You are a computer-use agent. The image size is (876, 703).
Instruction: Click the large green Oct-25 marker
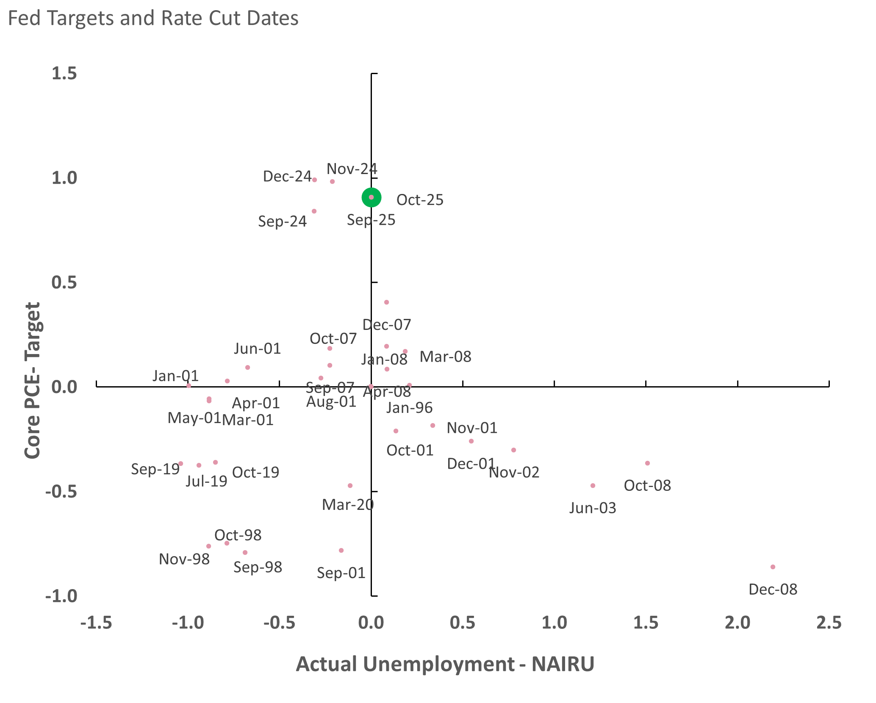(371, 197)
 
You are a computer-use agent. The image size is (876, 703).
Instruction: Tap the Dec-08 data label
(773, 590)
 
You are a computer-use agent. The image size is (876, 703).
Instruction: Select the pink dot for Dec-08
(773, 567)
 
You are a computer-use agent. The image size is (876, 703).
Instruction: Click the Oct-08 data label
(647, 485)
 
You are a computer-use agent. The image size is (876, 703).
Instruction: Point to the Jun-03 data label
(592, 508)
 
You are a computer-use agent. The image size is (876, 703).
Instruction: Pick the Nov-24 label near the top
(352, 169)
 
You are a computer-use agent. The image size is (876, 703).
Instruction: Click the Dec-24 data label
(287, 177)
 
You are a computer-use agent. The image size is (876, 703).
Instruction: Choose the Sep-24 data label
(282, 221)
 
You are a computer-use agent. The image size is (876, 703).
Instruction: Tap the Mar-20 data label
(347, 505)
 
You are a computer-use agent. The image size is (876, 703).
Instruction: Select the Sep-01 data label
(341, 573)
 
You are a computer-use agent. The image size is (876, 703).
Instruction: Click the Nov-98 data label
(184, 559)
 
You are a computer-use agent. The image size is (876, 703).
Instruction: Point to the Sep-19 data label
(155, 469)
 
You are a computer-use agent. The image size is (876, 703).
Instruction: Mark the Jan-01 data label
(175, 376)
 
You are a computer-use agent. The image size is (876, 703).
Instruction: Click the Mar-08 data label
(445, 357)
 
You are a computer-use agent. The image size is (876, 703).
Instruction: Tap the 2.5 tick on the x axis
(829, 623)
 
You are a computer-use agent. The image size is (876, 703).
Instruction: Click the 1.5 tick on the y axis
(64, 73)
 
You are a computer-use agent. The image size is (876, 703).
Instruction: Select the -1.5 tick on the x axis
(96, 623)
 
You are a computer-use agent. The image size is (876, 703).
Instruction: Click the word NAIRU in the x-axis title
(563, 664)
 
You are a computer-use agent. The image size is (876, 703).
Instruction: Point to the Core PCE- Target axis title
(32, 380)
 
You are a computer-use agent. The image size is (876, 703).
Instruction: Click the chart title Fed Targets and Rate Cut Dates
(153, 18)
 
